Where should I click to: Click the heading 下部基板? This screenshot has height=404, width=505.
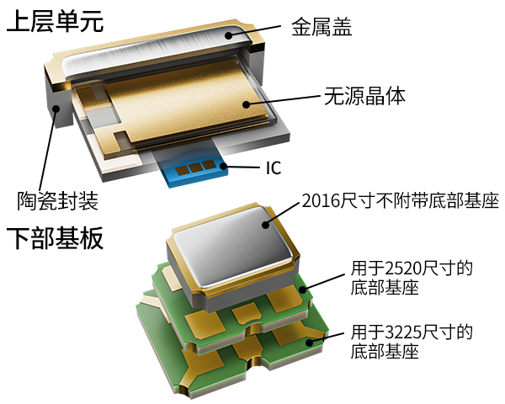tap(55, 237)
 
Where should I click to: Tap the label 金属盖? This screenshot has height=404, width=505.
tap(322, 26)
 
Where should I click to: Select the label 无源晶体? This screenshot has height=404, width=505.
tap(364, 96)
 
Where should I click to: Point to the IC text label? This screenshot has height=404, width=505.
tap(274, 167)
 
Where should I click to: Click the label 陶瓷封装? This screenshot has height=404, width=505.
tap(57, 201)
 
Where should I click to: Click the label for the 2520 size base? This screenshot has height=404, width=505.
tap(412, 278)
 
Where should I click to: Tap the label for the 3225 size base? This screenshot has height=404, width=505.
tap(412, 341)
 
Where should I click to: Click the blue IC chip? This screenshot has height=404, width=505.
tap(192, 166)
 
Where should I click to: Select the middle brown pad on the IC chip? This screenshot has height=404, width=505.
tap(194, 167)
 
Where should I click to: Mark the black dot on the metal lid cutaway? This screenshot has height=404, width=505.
tap(228, 35)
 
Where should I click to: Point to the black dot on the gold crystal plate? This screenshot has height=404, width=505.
tap(247, 104)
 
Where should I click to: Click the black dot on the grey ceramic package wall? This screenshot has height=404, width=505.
tap(56, 109)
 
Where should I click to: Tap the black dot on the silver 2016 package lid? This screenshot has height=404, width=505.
tap(265, 225)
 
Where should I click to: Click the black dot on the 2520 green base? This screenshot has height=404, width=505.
tap(303, 289)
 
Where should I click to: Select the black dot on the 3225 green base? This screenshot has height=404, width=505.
tap(310, 343)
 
